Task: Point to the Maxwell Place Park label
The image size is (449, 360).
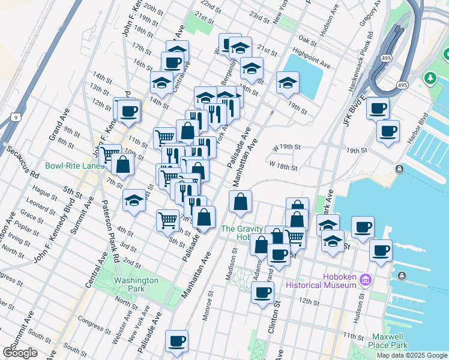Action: [x=389, y=340]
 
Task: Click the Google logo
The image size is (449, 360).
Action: [x=20, y=352]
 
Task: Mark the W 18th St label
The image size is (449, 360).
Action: [x=283, y=164]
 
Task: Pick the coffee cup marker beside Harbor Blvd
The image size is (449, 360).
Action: [x=388, y=131]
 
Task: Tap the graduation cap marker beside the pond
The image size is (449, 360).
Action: [x=288, y=83]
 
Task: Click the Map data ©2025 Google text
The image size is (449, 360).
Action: [x=413, y=355]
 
